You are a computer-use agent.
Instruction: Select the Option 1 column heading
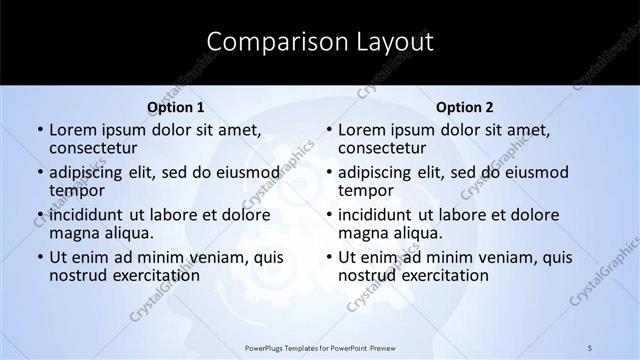(176, 107)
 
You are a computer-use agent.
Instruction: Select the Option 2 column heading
(465, 107)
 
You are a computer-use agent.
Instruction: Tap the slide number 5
(591, 347)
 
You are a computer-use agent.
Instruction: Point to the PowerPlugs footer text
(320, 347)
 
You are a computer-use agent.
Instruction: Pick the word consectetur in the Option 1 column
(96, 149)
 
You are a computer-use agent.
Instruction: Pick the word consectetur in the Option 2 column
(385, 149)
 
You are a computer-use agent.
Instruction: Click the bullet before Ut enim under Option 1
(40, 257)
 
